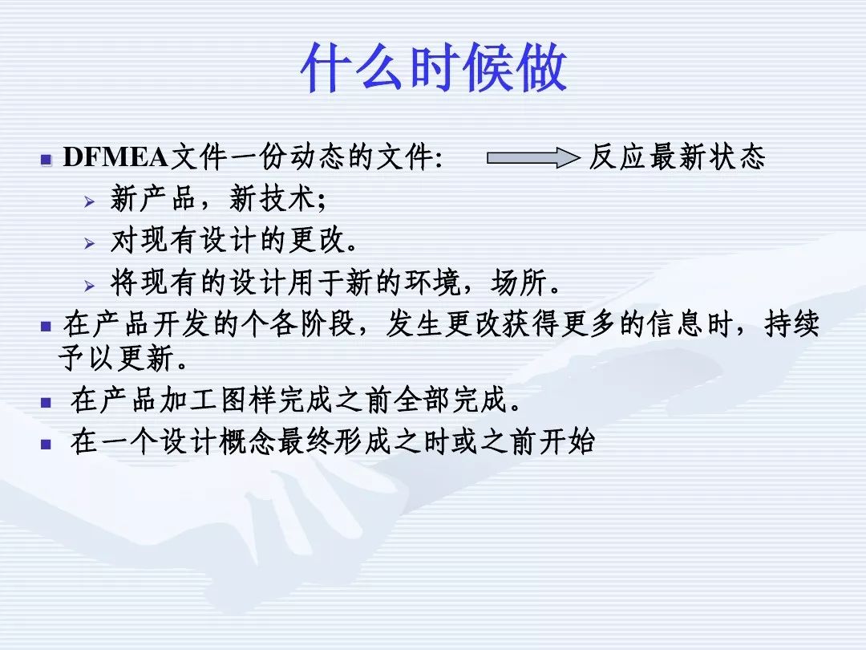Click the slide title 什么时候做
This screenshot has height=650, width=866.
434,68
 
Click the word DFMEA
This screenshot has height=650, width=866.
115,157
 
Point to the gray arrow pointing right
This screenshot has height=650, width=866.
533,158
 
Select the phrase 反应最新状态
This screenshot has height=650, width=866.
677,156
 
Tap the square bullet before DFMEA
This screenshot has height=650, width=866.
47,160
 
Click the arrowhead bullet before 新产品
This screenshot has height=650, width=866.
90,202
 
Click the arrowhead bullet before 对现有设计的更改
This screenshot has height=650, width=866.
90,243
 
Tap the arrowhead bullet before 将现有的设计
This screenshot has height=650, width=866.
90,286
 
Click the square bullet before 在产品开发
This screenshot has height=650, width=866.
47,327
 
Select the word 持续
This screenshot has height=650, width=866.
792,324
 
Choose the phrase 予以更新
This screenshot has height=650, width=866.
116,358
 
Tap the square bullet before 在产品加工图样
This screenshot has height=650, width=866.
47,402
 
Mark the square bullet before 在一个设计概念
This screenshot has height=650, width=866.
47,444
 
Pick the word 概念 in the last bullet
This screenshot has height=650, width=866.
248,441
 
